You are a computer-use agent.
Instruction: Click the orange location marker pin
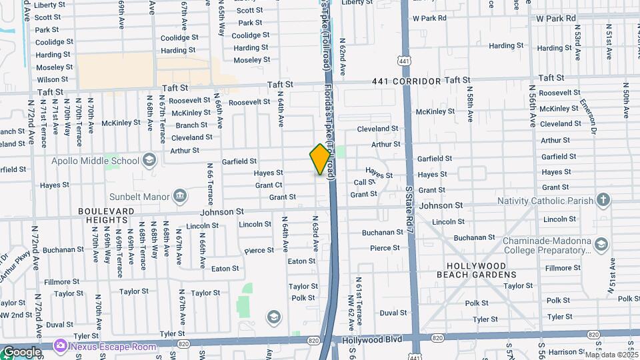[320, 159]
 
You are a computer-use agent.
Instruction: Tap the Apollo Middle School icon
[149, 160]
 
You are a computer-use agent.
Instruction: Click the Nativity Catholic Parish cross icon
[603, 200]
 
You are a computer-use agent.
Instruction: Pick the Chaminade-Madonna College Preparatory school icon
[601, 245]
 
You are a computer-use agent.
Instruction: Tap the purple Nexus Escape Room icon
[61, 346]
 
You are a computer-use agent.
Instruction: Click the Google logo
[21, 351]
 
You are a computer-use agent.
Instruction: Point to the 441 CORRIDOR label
[407, 81]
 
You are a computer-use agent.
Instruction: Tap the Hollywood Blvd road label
[372, 339]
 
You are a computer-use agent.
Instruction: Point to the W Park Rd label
[437, 18]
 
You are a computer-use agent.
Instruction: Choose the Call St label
[364, 182]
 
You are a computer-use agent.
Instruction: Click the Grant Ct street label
[269, 185]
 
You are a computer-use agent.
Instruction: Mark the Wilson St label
[53, 79]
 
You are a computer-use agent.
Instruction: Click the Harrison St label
[566, 351]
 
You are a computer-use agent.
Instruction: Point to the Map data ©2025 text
[611, 355]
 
